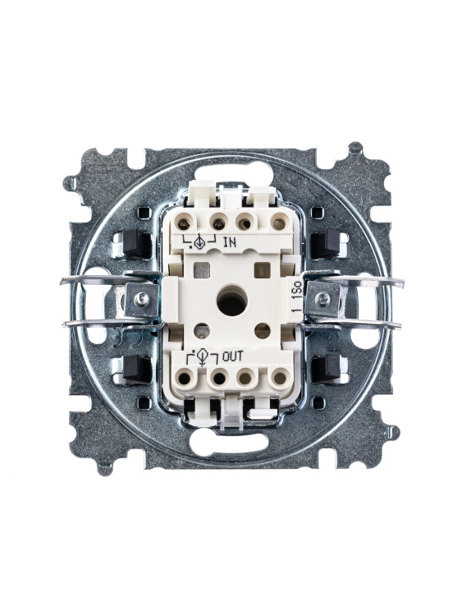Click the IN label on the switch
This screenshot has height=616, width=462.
point(230,242)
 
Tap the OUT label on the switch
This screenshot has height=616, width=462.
point(233,356)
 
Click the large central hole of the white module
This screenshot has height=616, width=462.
point(232,301)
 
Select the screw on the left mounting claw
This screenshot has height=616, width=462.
point(141,299)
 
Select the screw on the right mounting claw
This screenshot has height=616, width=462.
point(323,299)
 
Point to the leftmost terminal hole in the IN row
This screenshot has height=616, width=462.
point(183,224)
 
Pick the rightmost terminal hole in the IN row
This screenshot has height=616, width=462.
point(279,223)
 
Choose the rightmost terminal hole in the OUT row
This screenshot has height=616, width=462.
point(280,378)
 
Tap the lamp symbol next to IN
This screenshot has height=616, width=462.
point(199,241)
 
